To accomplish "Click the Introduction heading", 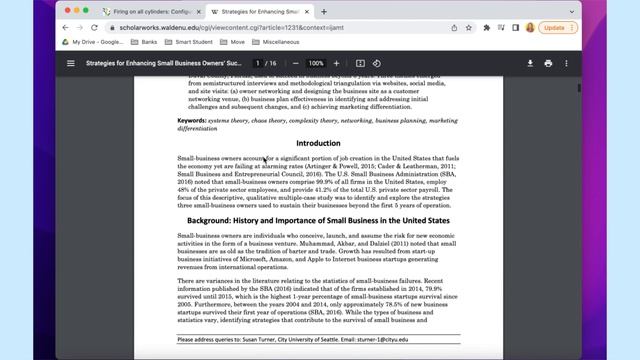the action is tap(318, 143).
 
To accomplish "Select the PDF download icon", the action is tap(530, 63).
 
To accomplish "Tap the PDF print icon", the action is tap(548, 63).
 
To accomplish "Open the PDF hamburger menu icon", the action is tap(71, 63).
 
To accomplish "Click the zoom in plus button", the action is tap(336, 63).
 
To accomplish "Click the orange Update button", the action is tap(555, 27).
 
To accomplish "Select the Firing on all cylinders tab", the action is tap(149, 12).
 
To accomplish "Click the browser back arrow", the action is tap(68, 28).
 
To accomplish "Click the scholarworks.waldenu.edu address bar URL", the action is tap(200, 28).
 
